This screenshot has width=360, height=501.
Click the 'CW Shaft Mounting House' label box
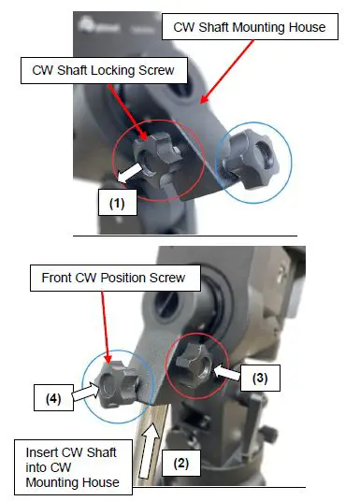(x=250, y=28)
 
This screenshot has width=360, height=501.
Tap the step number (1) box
(x=115, y=199)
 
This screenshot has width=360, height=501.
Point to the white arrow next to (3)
(x=225, y=373)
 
